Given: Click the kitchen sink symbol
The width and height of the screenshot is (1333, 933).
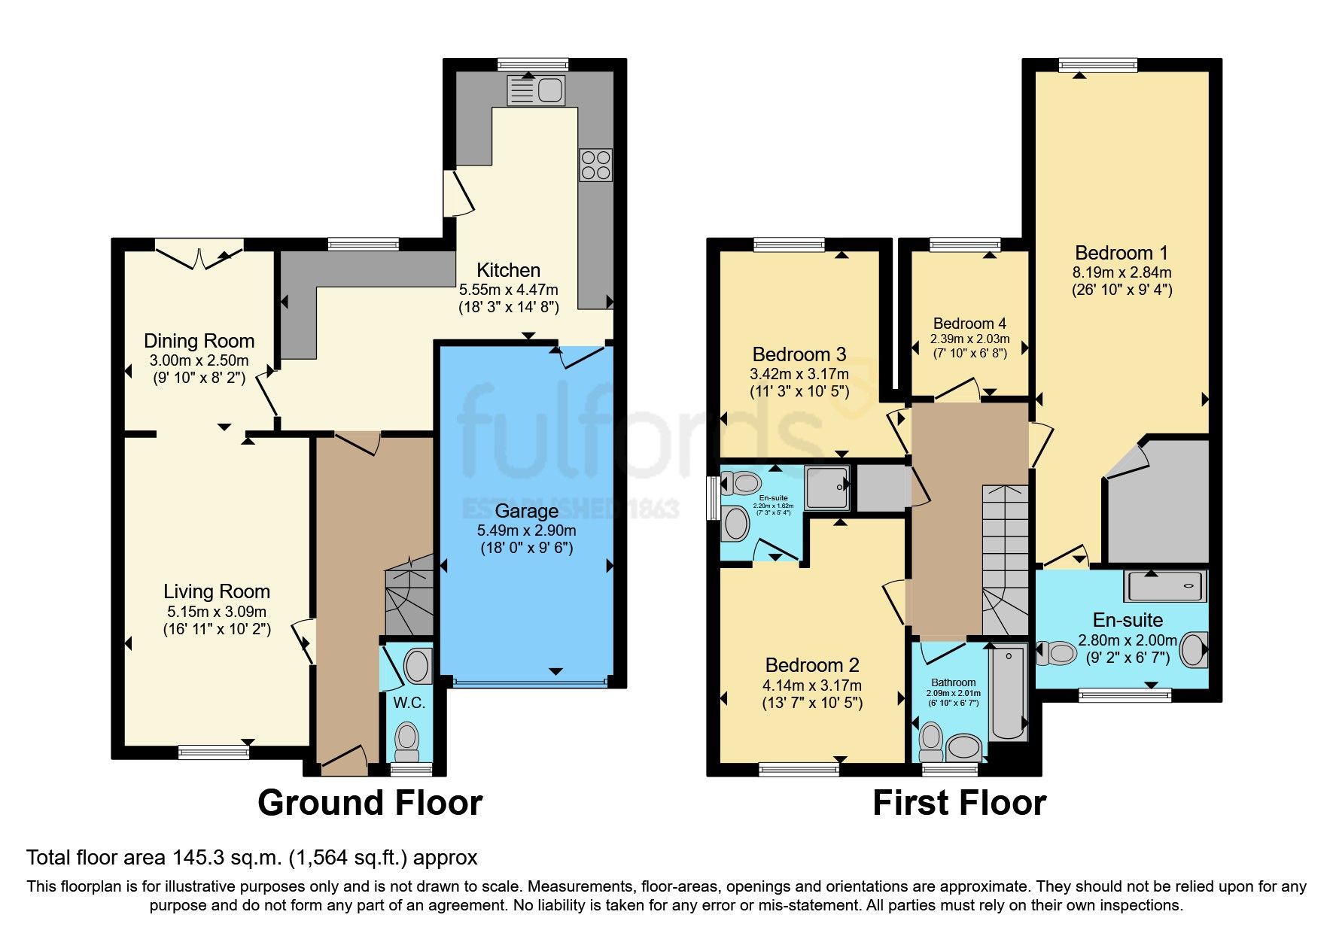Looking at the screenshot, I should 536,90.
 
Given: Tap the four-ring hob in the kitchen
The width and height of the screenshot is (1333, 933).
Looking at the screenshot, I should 595,166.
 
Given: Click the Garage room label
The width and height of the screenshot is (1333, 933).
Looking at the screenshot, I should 526,511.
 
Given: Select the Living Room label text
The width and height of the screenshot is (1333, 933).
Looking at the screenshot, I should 217,591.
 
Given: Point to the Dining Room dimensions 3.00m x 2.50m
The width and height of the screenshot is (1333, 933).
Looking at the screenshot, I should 199,360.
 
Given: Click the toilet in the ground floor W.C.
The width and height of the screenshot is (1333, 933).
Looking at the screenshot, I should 407,740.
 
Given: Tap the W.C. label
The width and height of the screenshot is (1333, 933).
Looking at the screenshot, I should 409,703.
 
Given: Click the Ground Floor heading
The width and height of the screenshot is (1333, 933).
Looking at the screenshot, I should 370,803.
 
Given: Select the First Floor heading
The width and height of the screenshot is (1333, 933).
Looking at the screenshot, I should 959,803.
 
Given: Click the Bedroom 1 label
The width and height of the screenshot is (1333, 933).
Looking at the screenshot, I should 1121,253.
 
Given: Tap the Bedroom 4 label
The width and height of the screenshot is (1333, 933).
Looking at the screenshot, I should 969,324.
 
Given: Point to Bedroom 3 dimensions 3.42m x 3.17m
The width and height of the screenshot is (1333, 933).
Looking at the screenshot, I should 799,374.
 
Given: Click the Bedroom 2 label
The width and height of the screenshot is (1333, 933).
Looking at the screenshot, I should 812,665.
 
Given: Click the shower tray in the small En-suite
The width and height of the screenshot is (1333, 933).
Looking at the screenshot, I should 827,488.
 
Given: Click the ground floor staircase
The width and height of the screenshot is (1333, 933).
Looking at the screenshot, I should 409,598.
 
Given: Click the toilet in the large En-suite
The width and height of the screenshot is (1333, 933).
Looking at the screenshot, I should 1058,652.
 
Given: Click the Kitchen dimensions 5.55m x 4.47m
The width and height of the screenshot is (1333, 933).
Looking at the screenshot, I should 509,290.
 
